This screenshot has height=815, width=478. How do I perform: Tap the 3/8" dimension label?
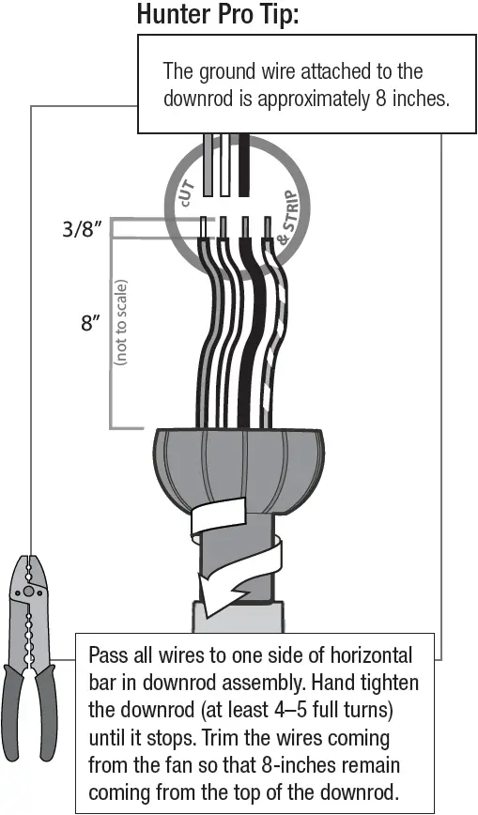[81, 228]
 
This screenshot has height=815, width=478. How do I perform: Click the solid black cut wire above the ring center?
[244, 164]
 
